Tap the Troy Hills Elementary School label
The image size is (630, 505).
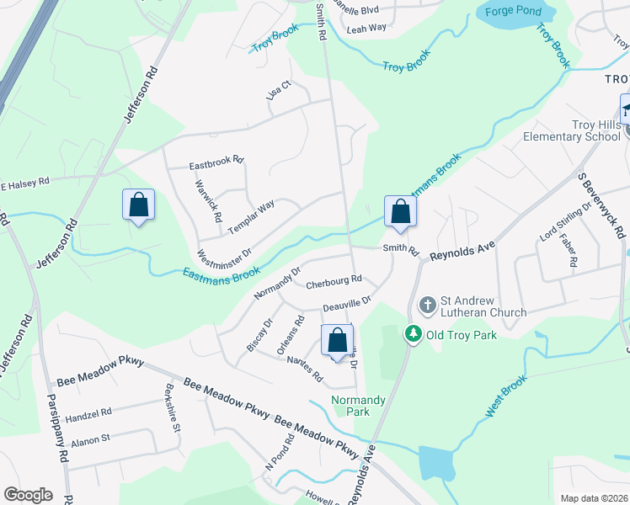point(572,130)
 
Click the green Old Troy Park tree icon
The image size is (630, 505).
point(413,334)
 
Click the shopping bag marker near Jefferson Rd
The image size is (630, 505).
point(138,206)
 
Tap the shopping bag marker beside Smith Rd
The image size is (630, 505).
point(401,213)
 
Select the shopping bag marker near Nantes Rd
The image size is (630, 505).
point(338,343)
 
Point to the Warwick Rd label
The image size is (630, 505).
point(208,200)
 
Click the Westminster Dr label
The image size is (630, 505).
point(224,243)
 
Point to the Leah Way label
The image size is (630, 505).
point(366,28)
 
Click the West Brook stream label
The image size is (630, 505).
point(505,397)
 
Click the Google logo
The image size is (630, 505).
point(28,495)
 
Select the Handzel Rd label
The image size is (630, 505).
point(88,414)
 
